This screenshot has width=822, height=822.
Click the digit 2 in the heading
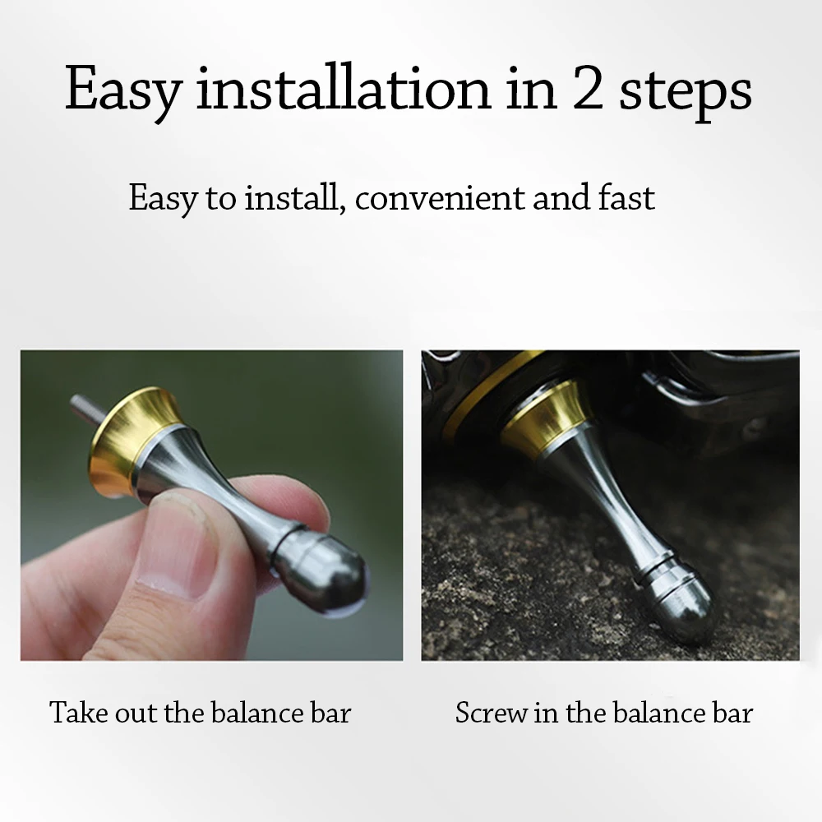[589, 88]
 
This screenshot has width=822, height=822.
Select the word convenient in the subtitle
[439, 198]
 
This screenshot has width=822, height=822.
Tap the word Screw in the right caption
[492, 713]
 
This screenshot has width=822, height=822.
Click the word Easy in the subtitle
[163, 198]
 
